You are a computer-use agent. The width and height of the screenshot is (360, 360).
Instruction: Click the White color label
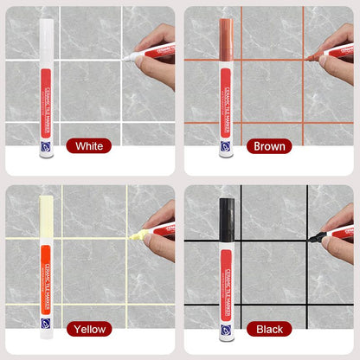point(88,146)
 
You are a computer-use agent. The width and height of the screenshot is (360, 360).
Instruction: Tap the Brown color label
point(267,146)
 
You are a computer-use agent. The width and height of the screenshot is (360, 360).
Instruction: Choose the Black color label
point(267,329)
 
